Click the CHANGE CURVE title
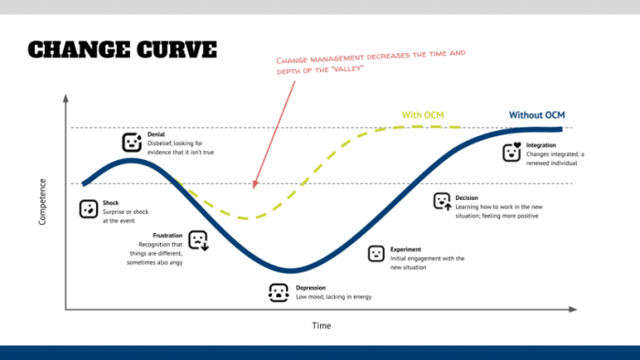122,48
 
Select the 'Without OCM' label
538,114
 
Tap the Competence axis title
43,200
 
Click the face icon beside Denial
132,142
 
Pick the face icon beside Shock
87,209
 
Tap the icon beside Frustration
197,240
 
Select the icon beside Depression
277,292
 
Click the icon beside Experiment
376,252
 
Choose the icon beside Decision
442,201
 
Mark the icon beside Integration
512,152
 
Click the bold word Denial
156,134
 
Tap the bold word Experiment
406,249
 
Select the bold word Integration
541,145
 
